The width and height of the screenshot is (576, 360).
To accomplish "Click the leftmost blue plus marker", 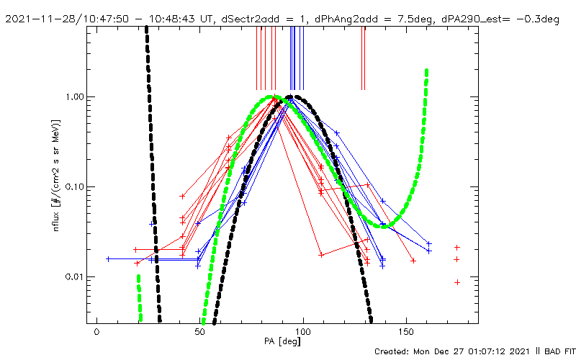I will (108, 258).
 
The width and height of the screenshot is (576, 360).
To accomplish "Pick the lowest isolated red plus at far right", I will (457, 282).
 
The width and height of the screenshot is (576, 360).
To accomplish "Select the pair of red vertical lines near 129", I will (363, 58).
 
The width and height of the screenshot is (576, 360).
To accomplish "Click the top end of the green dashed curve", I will (427, 71).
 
